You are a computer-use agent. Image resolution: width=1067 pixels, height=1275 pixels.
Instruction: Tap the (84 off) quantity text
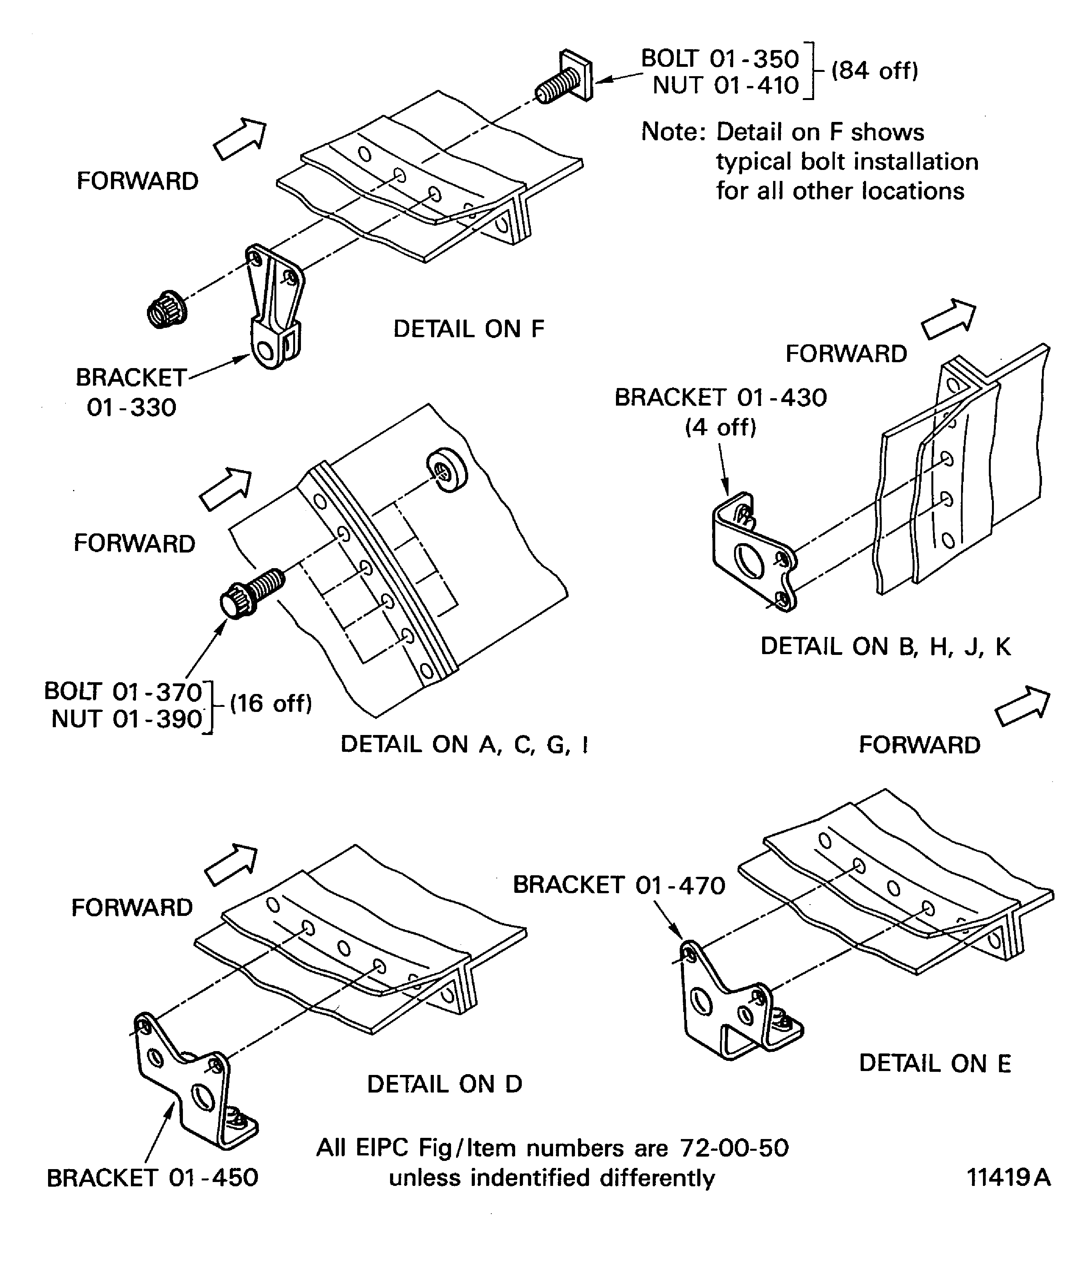(874, 71)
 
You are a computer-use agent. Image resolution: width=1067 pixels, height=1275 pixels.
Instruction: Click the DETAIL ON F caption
(469, 329)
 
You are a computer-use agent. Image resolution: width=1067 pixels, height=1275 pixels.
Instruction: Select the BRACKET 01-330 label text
(131, 392)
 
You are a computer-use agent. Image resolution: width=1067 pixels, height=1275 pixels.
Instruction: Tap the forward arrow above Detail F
(240, 139)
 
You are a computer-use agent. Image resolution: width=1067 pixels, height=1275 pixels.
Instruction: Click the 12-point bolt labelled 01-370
(251, 593)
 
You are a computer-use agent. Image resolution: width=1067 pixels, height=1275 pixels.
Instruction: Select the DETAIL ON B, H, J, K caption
(885, 647)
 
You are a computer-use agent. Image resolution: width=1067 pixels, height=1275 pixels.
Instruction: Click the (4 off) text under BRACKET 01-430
(721, 427)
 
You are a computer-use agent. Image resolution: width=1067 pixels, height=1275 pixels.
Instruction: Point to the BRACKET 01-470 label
(619, 885)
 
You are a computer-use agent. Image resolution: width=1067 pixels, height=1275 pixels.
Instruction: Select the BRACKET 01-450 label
(152, 1178)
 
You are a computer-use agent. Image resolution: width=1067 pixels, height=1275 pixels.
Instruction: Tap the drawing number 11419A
(1008, 1178)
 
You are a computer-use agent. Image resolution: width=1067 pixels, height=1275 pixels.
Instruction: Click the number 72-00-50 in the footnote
(734, 1148)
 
